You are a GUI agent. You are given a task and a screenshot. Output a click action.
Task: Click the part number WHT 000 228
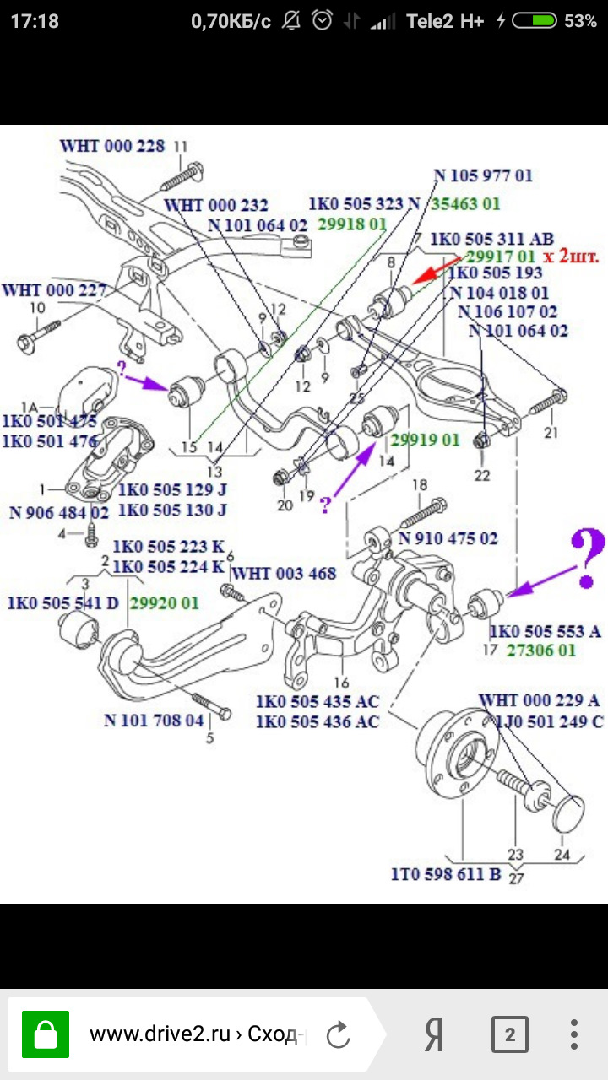112,146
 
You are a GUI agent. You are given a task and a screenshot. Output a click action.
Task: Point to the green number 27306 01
541,651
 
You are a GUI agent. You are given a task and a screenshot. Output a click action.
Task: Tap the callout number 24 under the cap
562,854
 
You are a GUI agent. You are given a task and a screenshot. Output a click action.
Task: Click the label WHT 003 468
284,574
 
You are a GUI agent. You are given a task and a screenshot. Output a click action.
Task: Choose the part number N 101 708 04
154,721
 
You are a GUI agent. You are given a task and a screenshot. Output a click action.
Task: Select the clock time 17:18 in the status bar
35,22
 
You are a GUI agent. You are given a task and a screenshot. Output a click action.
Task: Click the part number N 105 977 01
483,176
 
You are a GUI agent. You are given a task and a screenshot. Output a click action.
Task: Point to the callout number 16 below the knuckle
341,683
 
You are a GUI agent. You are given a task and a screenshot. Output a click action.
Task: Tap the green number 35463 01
466,203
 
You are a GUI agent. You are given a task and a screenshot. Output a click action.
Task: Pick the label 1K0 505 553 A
546,631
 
